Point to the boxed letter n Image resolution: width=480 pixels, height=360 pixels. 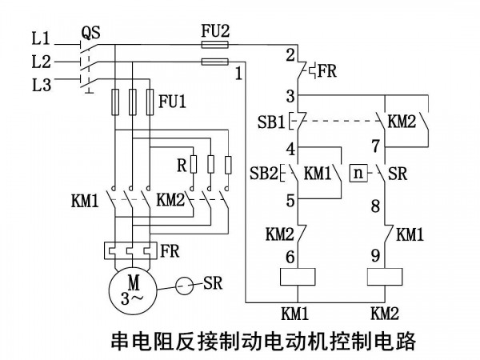[358, 174]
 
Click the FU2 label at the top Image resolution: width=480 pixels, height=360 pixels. [215, 31]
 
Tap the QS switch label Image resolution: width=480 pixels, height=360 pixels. [90, 33]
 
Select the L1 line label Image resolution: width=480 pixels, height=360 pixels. [41, 39]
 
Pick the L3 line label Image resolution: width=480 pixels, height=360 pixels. [42, 85]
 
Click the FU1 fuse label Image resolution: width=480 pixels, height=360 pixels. [172, 101]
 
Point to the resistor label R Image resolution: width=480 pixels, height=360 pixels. [182, 166]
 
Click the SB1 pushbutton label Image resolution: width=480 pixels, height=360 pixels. [271, 122]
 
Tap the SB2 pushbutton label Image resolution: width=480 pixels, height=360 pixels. [263, 174]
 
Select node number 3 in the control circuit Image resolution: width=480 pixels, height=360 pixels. [290, 96]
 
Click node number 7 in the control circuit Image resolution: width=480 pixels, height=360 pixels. [376, 146]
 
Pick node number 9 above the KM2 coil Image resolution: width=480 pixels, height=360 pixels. [376, 256]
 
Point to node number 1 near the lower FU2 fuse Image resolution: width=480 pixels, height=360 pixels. [238, 74]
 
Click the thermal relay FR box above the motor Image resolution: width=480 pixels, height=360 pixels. [130, 250]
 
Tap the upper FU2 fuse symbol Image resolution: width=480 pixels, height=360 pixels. [214, 45]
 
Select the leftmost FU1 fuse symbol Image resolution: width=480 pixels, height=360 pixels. [115, 102]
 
